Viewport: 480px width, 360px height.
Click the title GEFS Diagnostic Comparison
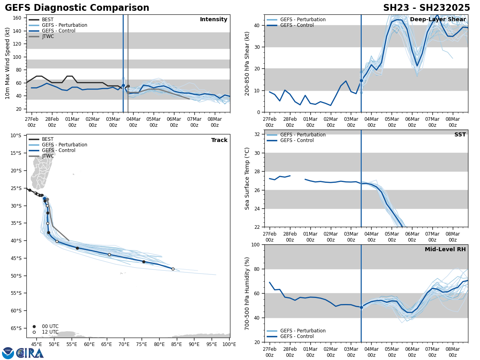(x=77, y=8)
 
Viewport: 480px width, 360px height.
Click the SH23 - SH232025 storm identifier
(x=426, y=8)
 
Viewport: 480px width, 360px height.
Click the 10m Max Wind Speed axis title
(x=8, y=63)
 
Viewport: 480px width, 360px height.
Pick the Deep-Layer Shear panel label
(x=438, y=20)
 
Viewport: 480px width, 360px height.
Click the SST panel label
(x=460, y=135)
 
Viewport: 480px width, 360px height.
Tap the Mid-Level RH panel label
(x=445, y=250)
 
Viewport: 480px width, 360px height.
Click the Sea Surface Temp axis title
(x=247, y=178)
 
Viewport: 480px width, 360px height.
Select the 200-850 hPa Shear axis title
(x=247, y=63)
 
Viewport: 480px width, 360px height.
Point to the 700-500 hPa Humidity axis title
(x=247, y=293)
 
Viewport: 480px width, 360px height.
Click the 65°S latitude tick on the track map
(x=16, y=328)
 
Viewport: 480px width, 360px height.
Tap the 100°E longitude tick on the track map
(x=229, y=344)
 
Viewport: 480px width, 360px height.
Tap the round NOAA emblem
(x=8, y=353)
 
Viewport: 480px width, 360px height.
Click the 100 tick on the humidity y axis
(x=256, y=244)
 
